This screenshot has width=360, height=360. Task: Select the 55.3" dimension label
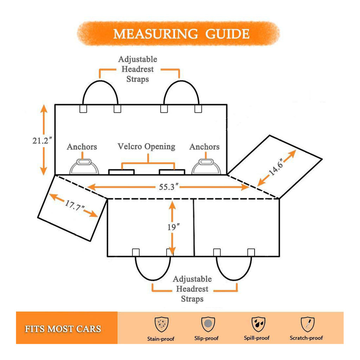click(x=167, y=187)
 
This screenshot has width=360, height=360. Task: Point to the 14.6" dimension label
click(x=276, y=168)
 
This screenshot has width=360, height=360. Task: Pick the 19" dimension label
click(x=173, y=227)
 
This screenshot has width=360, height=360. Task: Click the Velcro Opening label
click(x=146, y=147)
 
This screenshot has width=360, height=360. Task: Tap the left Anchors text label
click(x=82, y=147)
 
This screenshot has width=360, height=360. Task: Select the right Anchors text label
click(x=204, y=147)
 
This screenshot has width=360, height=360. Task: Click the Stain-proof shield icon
click(x=161, y=324)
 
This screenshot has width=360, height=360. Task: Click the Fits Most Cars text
click(x=63, y=329)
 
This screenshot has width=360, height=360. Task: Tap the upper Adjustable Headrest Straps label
click(x=138, y=69)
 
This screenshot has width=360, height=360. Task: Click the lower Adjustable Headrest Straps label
click(x=192, y=289)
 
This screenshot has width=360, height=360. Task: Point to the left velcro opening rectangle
click(x=121, y=172)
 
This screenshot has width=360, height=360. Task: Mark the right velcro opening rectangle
click(x=172, y=172)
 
